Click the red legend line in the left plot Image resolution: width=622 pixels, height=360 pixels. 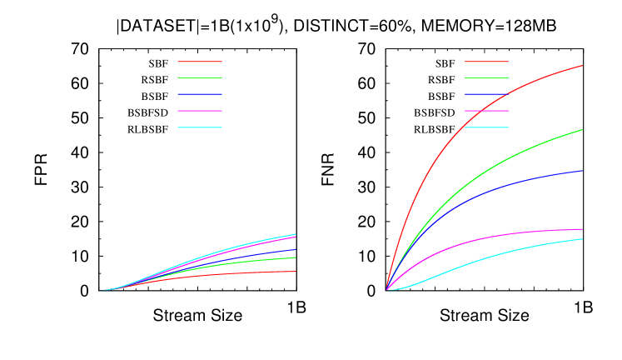[x=200, y=62]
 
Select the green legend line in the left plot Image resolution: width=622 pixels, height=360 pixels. [x=200, y=77]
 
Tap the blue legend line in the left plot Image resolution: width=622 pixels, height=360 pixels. [x=200, y=94]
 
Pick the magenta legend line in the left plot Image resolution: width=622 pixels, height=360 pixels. [x=200, y=111]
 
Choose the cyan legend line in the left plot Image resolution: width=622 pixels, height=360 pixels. [x=200, y=127]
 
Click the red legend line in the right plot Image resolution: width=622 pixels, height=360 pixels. [x=486, y=62]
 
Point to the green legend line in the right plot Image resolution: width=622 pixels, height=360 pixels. [x=486, y=77]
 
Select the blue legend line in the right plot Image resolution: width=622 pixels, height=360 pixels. [x=486, y=94]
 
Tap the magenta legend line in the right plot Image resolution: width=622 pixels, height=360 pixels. [x=486, y=111]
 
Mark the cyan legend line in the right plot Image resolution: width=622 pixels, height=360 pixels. [x=486, y=127]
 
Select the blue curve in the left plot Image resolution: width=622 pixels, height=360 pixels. [x=283, y=251]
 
